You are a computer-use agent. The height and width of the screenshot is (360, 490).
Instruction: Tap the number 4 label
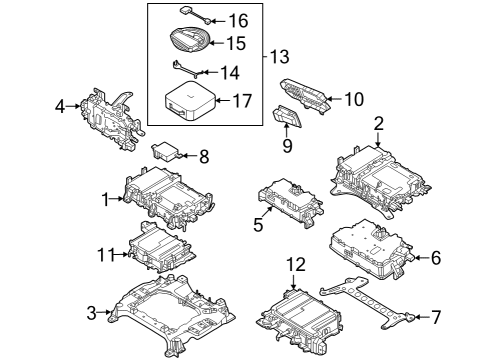pyautogui.click(x=60, y=105)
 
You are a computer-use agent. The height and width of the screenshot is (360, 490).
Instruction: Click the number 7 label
pyautogui.click(x=435, y=317)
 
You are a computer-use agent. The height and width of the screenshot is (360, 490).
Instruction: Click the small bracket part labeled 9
pyautogui.click(x=288, y=119)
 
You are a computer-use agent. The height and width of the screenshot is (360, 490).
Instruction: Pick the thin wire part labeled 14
pyautogui.click(x=184, y=70)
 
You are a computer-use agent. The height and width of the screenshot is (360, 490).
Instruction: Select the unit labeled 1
pyautogui.click(x=165, y=198)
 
